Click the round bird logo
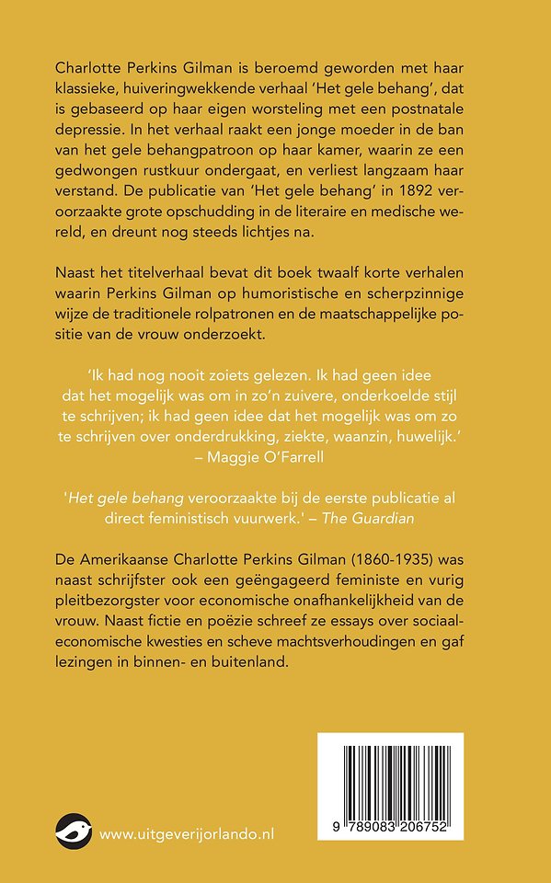(x=73, y=831)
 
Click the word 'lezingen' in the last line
(x=85, y=662)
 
